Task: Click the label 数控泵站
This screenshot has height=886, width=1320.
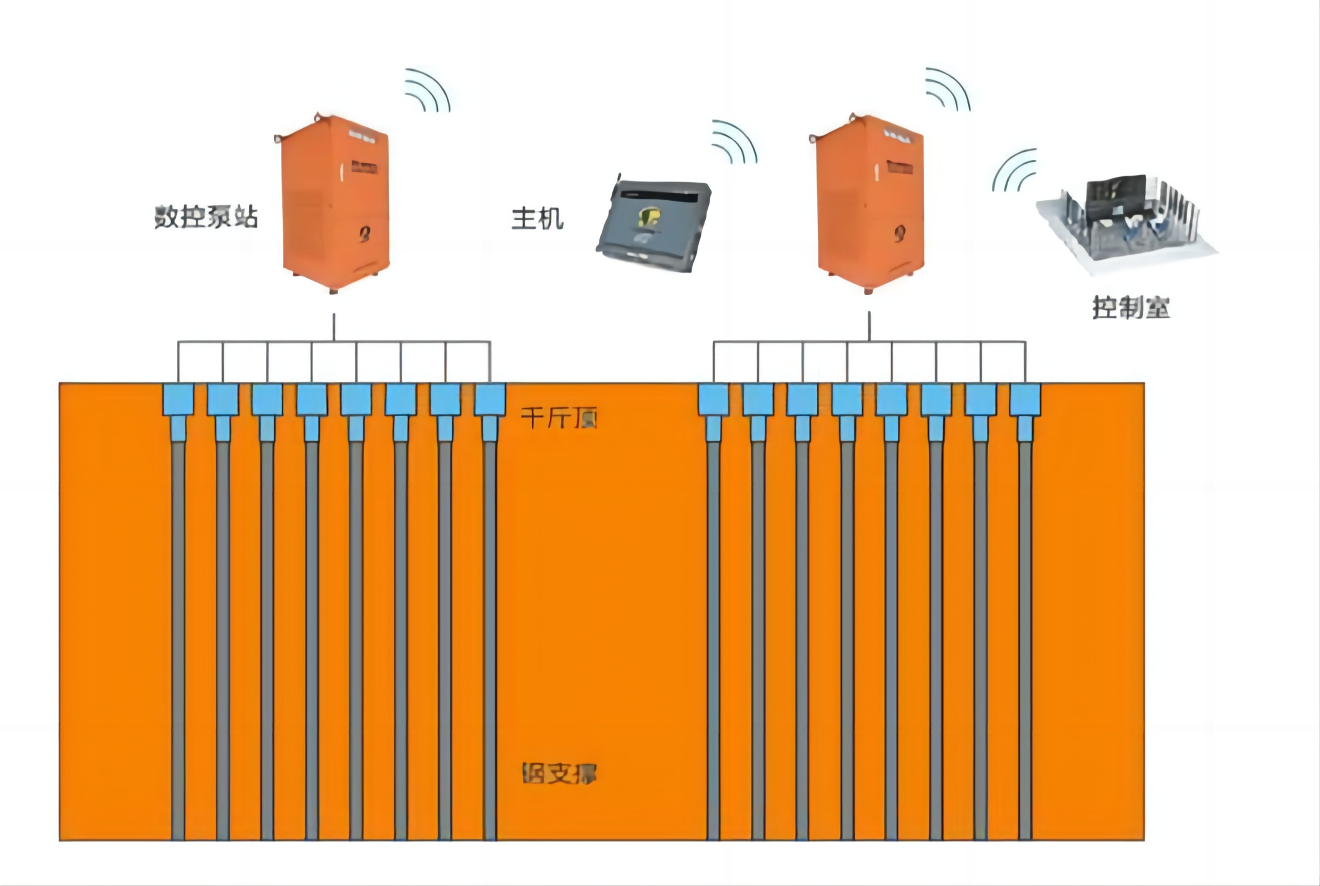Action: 206,217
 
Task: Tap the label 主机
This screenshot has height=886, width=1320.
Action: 537,219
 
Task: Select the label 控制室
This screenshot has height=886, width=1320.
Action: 1131,307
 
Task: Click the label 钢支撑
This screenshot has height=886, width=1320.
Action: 559,773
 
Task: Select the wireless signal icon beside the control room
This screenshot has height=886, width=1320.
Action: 1014,171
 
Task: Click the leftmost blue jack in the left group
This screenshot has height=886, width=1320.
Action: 178,400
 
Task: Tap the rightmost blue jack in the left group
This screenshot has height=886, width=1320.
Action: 490,400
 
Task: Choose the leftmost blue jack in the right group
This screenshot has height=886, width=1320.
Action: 713,400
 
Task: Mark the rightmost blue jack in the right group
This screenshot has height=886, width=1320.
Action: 1025,400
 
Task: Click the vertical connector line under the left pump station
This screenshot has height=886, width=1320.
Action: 334,327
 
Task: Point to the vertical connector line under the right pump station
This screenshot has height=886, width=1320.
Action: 870,327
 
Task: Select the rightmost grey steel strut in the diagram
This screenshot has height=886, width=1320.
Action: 1025,640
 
